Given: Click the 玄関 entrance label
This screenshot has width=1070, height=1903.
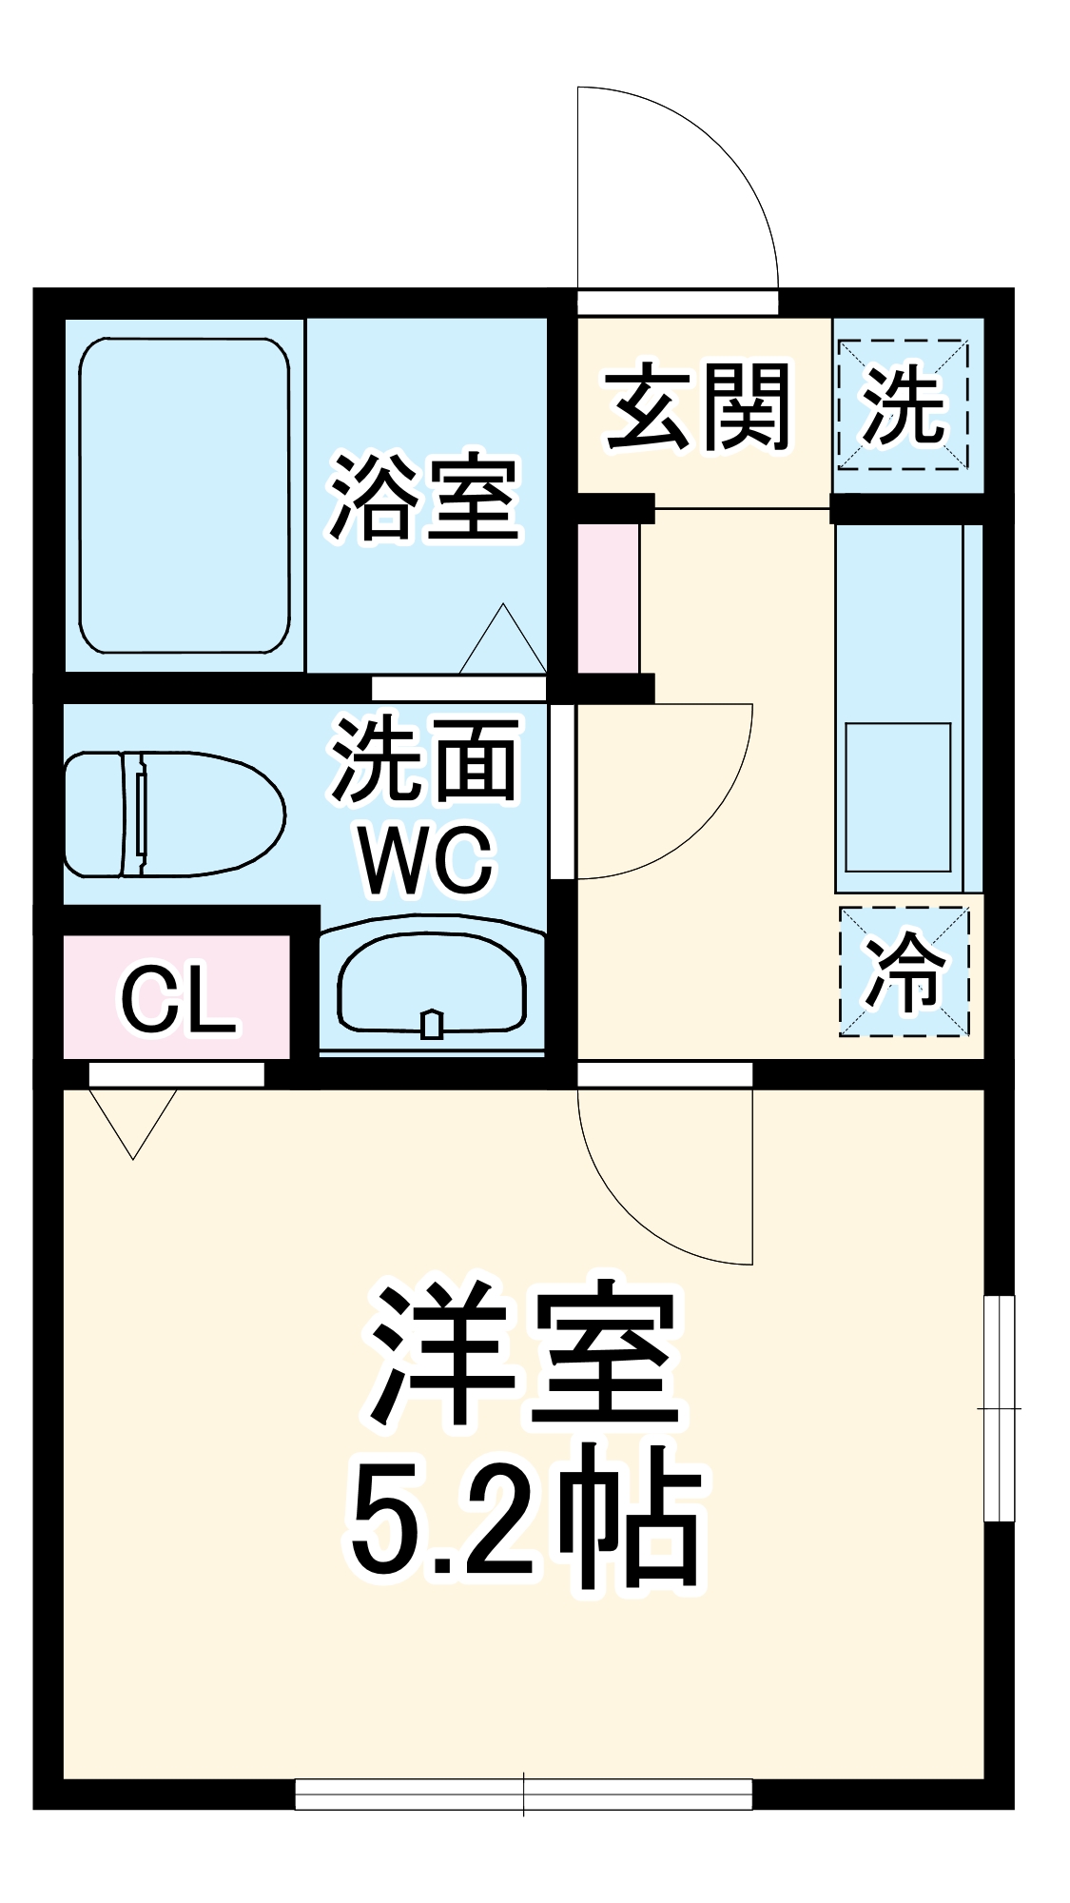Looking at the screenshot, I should point(699,407).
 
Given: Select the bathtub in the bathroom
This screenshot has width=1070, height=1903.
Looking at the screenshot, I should point(184,496).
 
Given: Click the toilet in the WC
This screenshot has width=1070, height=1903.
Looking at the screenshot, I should point(174,814).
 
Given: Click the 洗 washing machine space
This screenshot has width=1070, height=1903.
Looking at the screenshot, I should point(904,404).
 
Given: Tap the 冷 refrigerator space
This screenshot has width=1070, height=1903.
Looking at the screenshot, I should point(905,971).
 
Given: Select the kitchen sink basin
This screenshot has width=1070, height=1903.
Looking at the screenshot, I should point(898,796).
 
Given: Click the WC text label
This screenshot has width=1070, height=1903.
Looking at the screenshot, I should point(427,861).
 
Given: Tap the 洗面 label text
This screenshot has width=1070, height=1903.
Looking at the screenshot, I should point(425,758).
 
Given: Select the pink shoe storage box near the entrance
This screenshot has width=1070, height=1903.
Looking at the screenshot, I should point(609,598).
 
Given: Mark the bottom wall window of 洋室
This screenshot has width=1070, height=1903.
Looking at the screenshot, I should point(523,1794).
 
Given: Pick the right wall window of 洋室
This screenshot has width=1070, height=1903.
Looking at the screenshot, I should point(999,1407).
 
